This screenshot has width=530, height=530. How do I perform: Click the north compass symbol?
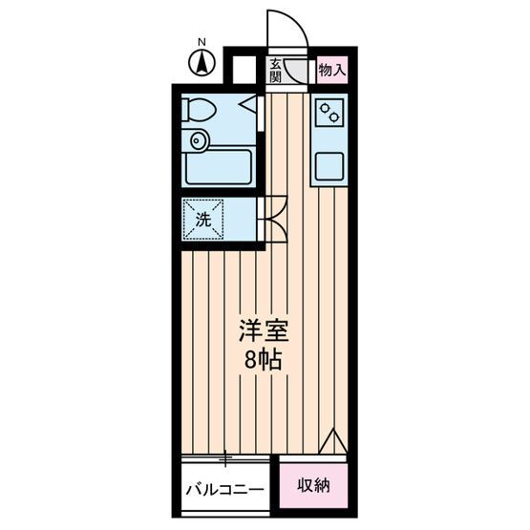(x=201, y=62)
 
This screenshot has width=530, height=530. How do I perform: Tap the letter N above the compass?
(x=201, y=42)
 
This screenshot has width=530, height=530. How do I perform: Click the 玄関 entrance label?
(x=275, y=71)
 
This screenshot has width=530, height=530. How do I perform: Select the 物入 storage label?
(x=332, y=70)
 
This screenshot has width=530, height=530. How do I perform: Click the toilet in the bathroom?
(x=199, y=110)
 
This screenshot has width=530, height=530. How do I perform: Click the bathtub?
(x=219, y=167)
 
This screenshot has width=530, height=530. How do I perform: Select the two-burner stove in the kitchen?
(x=329, y=113)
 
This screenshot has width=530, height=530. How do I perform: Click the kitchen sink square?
(x=329, y=166)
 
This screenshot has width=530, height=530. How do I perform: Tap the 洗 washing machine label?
(x=203, y=220)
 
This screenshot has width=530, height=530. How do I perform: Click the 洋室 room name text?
(x=264, y=330)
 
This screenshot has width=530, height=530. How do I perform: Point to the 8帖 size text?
(x=264, y=359)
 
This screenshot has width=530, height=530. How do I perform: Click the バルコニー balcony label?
(x=224, y=489)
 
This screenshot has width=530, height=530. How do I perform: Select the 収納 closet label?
(x=313, y=485)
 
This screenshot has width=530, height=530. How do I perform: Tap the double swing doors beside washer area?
(x=276, y=219)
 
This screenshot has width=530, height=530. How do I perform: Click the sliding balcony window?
(x=225, y=458)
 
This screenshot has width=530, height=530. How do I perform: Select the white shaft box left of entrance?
(x=244, y=69)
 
